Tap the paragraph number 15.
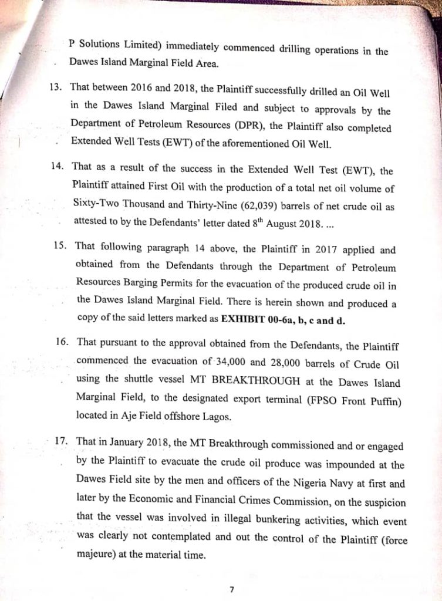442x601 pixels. point(61,247)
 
